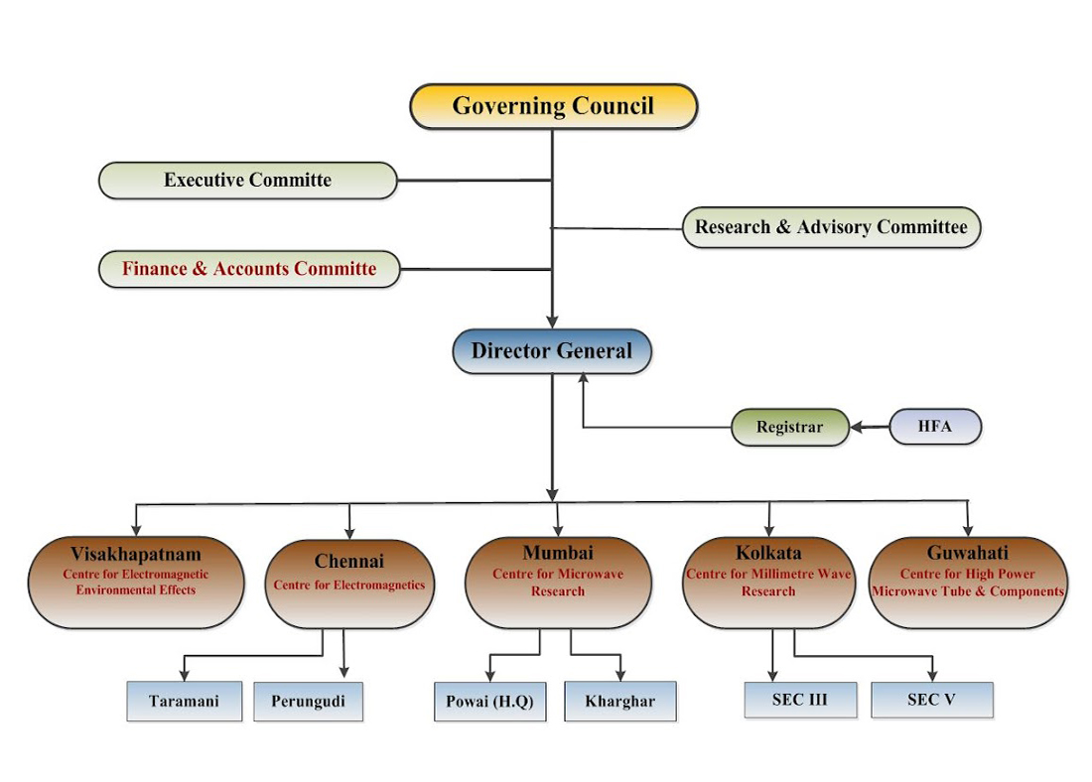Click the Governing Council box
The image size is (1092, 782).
553,106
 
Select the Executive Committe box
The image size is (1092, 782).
247,181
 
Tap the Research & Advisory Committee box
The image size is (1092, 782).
831,227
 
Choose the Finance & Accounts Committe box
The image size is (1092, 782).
249,269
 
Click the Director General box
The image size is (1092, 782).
551,350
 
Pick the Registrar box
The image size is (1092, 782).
789,428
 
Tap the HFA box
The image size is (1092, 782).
934,427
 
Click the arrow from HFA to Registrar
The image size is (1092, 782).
870,428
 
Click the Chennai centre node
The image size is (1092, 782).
348,584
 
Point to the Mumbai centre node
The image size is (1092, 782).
558,582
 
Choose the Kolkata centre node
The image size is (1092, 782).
768,582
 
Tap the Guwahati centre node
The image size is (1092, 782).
967,582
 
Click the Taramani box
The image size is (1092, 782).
184,701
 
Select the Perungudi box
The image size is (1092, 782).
308,701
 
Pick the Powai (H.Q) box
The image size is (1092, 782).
489,702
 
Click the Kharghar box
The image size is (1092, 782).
619,702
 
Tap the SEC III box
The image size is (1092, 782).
799,699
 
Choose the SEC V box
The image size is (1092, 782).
931,699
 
